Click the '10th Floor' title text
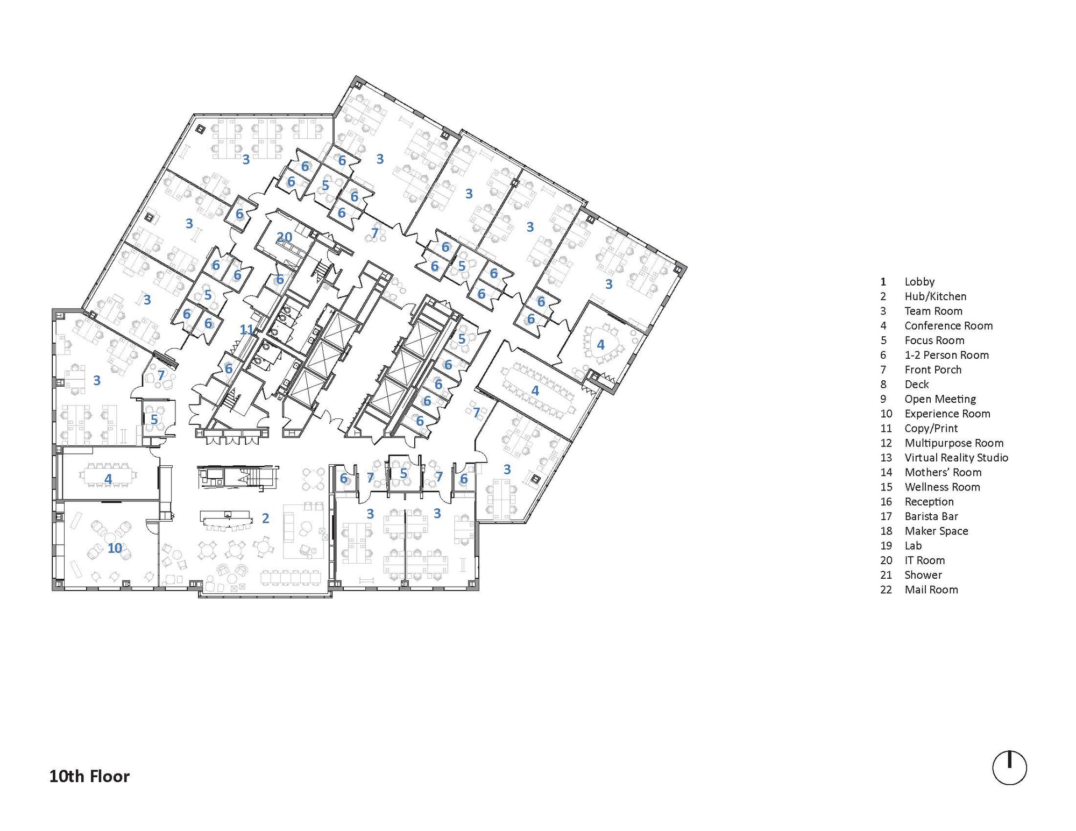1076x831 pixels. click(89, 776)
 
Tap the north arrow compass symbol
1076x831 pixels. click(1009, 768)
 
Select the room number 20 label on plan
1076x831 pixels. click(284, 237)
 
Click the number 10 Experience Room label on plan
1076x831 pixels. click(115, 548)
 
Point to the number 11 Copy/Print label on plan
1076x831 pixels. click(246, 329)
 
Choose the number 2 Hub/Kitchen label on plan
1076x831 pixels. click(265, 518)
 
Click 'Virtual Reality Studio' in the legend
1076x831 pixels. click(956, 457)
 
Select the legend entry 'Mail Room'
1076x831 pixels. click(931, 589)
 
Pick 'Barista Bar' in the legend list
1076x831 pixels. click(931, 516)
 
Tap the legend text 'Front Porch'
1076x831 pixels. click(932, 370)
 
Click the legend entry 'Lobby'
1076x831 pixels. click(919, 281)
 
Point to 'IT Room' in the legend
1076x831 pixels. click(924, 560)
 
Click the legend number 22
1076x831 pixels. click(886, 589)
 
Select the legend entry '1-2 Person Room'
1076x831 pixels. click(946, 355)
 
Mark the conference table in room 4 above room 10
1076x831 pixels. click(108, 475)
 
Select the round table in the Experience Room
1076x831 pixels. click(111, 536)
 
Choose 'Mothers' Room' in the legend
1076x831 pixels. click(943, 472)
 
